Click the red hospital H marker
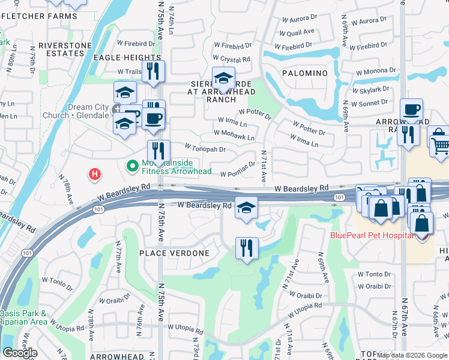tap(94, 175)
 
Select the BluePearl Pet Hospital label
tap(371, 235)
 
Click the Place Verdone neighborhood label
tap(175, 253)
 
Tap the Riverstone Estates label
tap(65, 49)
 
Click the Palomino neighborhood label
tap(304, 73)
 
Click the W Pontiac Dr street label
tap(238, 173)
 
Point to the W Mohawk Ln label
tap(234, 136)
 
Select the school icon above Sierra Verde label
tap(223, 78)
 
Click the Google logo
tap(20, 353)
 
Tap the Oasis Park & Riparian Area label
tap(23, 317)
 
